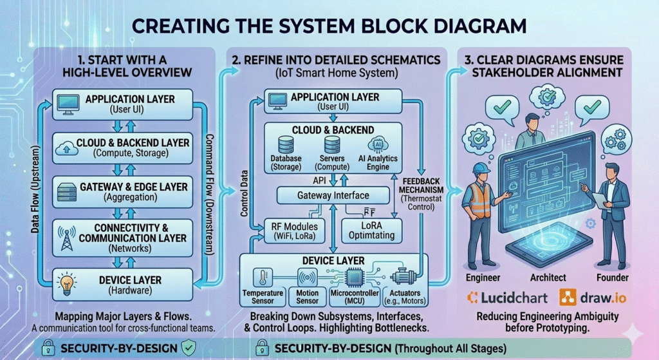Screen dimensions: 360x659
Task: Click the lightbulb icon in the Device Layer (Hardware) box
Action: pyautogui.click(x=65, y=283)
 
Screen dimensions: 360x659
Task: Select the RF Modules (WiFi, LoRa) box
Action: pyautogui.click(x=291, y=230)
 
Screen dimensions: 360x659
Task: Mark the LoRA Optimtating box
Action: pyautogui.click(x=371, y=230)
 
